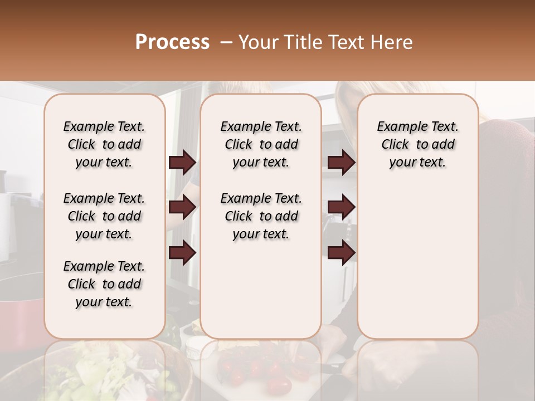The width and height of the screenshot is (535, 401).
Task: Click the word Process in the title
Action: [172, 42]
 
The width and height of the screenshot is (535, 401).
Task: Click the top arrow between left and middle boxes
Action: [182, 163]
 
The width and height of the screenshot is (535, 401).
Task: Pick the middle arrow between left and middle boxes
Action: [182, 208]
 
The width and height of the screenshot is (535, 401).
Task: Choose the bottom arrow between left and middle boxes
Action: [182, 253]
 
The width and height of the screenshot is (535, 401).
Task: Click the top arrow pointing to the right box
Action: [341, 163]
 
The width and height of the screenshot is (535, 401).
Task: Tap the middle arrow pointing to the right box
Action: [341, 208]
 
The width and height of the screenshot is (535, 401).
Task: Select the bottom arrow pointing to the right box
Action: [341, 253]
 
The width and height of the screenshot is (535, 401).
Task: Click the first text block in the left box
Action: [104, 144]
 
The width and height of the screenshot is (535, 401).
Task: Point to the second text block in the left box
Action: [104, 216]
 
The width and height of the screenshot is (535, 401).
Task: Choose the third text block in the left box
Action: [104, 284]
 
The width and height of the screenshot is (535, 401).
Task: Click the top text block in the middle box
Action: [261, 144]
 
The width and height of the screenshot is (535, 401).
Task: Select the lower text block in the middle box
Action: [261, 216]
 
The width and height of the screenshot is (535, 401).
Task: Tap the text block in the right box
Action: [417, 144]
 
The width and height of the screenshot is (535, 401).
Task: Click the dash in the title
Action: [226, 42]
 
